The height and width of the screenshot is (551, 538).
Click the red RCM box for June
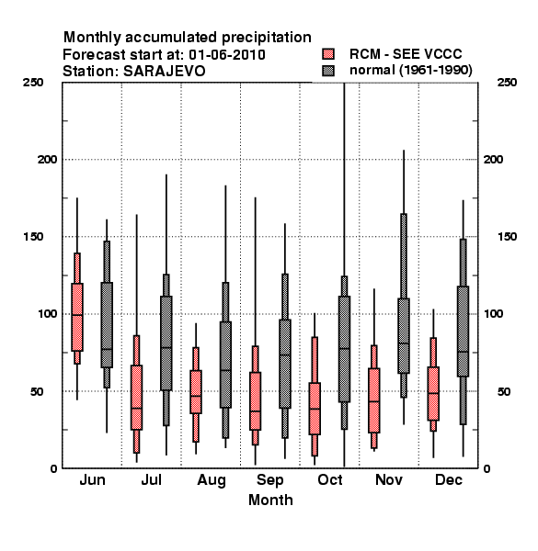coord(77,317)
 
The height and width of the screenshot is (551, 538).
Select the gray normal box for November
coord(404,335)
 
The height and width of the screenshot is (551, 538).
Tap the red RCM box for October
coord(315,409)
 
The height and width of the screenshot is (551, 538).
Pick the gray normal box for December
coord(464,332)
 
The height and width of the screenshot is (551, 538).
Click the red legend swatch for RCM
coord(328,54)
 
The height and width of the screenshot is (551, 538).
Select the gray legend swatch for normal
coord(328,71)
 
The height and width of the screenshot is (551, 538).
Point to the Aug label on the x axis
coord(212,480)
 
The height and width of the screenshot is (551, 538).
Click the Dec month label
coord(449,479)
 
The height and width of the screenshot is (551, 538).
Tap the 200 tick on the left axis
coord(47,159)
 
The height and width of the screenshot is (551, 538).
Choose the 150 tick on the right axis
coord(507,237)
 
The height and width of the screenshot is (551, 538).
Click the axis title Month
coord(270,500)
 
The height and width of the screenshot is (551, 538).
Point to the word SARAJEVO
coord(164,71)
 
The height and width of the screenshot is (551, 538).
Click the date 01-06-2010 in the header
coord(227,55)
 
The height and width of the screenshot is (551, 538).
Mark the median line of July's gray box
coord(166,347)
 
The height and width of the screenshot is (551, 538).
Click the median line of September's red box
coord(255,410)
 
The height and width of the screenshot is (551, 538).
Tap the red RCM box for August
coord(196,392)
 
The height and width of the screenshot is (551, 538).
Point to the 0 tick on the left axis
coord(53,468)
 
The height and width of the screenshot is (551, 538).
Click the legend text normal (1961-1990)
coord(410,71)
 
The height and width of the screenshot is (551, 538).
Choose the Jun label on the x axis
coord(92,479)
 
